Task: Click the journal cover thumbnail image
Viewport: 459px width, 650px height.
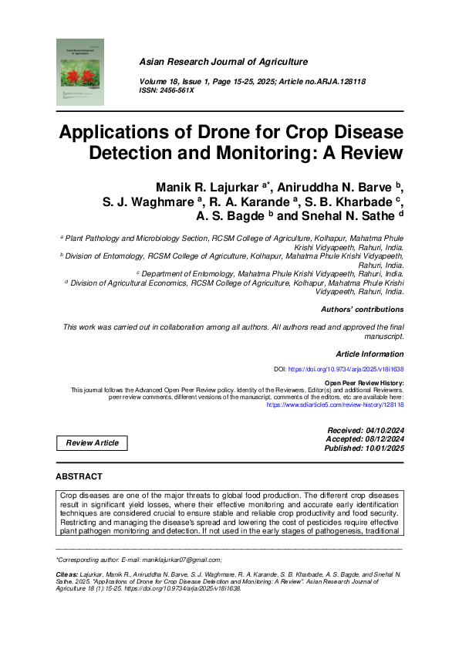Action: click(79, 73)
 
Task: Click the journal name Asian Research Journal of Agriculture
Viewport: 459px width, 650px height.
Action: click(223, 62)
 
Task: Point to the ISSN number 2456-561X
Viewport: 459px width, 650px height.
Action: click(177, 90)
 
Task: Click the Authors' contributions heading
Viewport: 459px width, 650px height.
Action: click(362, 310)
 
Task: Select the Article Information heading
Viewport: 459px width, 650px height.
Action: click(369, 353)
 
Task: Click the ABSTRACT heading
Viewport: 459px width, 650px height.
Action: click(79, 477)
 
